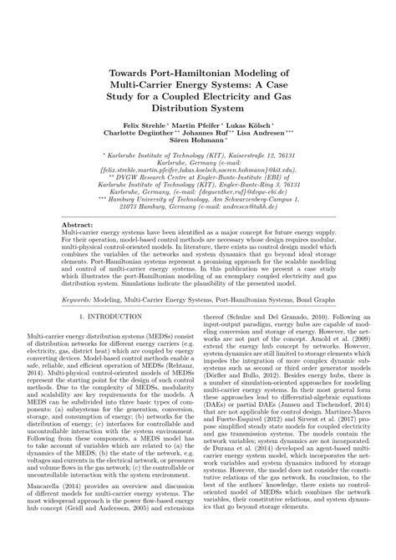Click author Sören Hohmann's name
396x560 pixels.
pyautogui.click(x=195, y=141)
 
